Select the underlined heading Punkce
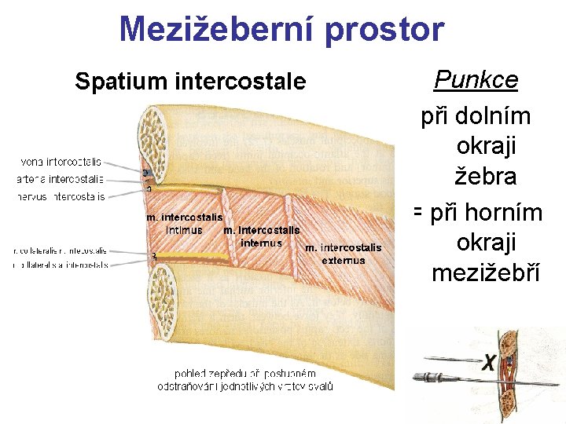476,79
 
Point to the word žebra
487,177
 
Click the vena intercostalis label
60,162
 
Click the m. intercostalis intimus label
183,223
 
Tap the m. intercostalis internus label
261,236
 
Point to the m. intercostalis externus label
343,254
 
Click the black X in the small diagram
489,362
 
